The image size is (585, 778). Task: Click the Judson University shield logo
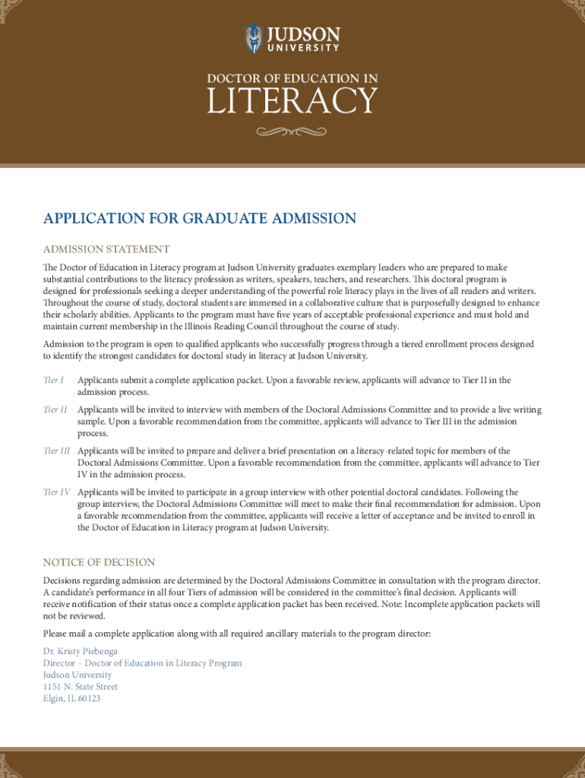coord(253,38)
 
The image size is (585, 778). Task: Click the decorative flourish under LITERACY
coord(292,132)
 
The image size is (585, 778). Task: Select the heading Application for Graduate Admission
coord(200,219)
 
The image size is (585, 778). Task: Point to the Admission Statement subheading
coord(106,249)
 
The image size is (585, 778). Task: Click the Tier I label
coord(53,380)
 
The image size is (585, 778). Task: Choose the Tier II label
coord(55,410)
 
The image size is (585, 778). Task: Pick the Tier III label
coord(57,451)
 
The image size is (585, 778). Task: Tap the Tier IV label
coord(57,492)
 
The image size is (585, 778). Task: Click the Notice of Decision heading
coord(99,562)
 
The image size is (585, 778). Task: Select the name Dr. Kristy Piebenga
coord(81,651)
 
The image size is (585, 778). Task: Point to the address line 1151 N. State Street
coord(81,687)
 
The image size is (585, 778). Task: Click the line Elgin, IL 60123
coord(71,698)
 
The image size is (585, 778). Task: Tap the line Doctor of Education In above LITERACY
coord(292,78)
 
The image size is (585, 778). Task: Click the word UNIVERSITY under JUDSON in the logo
coord(302,48)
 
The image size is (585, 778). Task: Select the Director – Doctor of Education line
coord(143,663)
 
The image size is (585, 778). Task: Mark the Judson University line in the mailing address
coord(77,675)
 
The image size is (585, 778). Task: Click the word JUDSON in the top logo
coord(302,34)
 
